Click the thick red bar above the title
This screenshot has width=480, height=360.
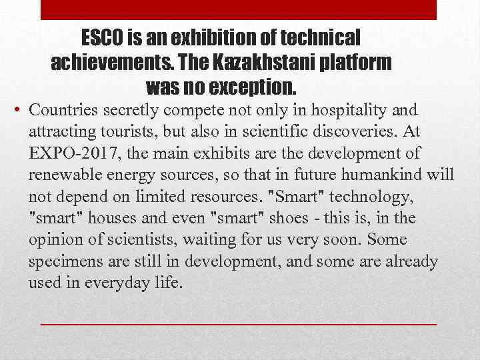[238, 10]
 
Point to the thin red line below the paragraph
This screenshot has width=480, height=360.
[238, 323]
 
